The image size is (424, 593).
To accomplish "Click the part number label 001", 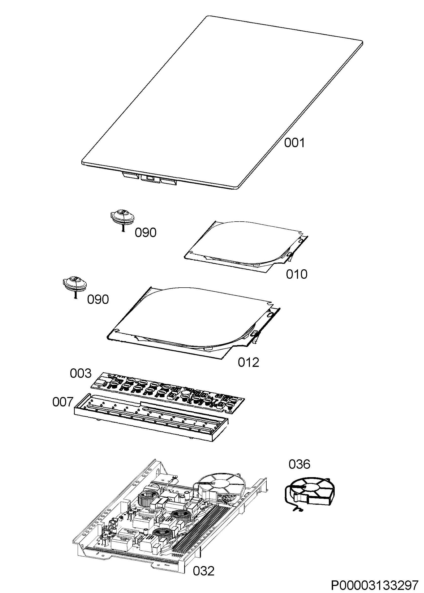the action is click(294, 143).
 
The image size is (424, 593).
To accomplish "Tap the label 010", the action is click(296, 274).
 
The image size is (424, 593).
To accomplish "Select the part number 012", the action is click(248, 362).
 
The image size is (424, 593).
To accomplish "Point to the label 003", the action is click(81, 373).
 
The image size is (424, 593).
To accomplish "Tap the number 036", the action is click(299, 464).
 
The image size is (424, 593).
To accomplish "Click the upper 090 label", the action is click(146, 233).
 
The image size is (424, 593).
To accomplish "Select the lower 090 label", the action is click(98, 299).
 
